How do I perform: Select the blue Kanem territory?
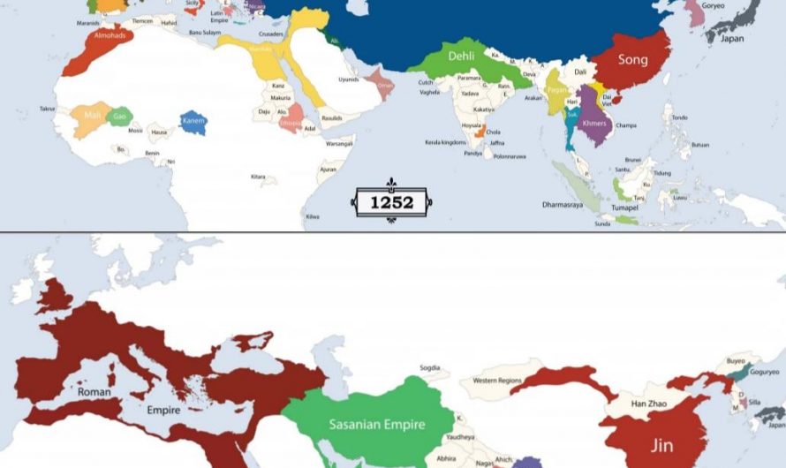(x=193, y=121)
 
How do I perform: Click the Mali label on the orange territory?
(x=93, y=116)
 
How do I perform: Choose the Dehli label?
(x=461, y=56)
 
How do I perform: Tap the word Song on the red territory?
(x=632, y=60)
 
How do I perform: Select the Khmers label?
(x=595, y=124)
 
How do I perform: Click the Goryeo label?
(x=713, y=5)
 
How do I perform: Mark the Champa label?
(x=626, y=125)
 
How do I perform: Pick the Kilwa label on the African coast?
(x=313, y=215)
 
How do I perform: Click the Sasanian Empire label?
(x=377, y=425)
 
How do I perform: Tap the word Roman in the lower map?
(x=94, y=391)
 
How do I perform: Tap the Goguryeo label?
(x=764, y=373)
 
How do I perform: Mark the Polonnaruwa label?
(x=509, y=156)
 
